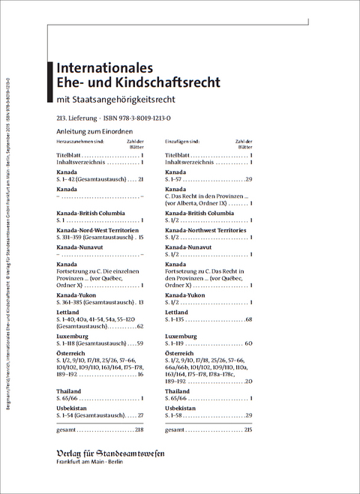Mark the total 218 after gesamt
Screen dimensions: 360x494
click(x=139, y=430)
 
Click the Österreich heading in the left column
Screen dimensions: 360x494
click(x=71, y=352)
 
